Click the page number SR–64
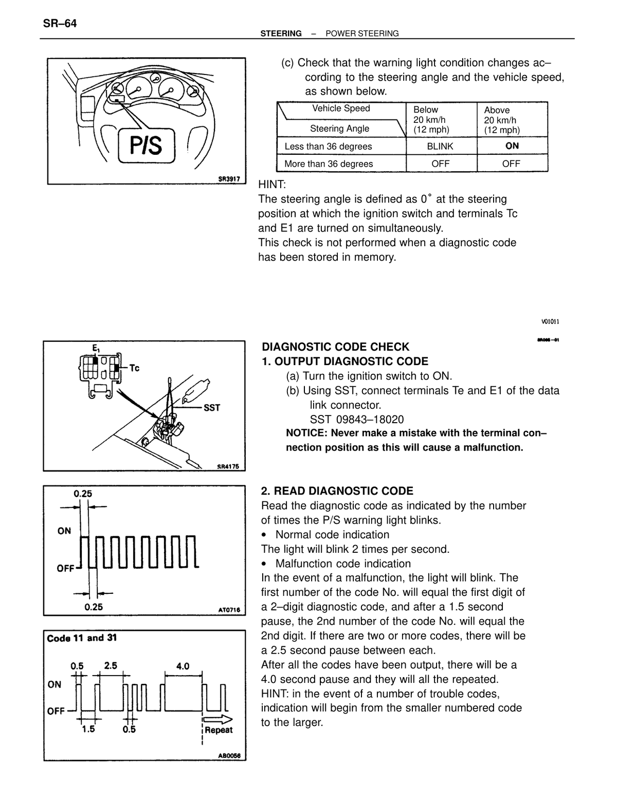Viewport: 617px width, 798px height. pyautogui.click(x=60, y=24)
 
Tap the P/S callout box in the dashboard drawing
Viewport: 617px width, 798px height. pyautogui.click(x=147, y=145)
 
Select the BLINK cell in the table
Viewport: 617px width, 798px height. pyautogui.click(x=440, y=146)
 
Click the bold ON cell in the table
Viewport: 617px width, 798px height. pyautogui.click(x=512, y=146)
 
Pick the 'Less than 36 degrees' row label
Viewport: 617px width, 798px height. pyautogui.click(x=328, y=147)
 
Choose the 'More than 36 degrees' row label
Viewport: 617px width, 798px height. pyautogui.click(x=329, y=164)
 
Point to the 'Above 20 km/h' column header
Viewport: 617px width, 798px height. pyautogui.click(x=502, y=120)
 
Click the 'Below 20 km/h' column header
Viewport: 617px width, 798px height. pyautogui.click(x=431, y=120)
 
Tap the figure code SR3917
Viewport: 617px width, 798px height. pyautogui.click(x=229, y=179)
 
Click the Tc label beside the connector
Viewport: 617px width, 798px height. pyautogui.click(x=135, y=368)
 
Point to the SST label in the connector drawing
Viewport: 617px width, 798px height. pyautogui.click(x=212, y=408)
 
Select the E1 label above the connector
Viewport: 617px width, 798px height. pyautogui.click(x=96, y=348)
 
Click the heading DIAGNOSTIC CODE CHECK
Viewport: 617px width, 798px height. pyautogui.click(x=335, y=347)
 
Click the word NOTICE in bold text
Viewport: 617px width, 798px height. pyautogui.click(x=306, y=433)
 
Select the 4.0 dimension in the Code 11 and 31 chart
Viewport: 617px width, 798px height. pyautogui.click(x=183, y=666)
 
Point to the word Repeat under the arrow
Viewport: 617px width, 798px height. pyautogui.click(x=219, y=730)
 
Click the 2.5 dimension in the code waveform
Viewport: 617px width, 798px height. pyautogui.click(x=111, y=666)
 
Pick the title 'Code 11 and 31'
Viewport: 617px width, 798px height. pyautogui.click(x=82, y=638)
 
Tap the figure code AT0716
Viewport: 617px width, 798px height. pyautogui.click(x=229, y=610)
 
